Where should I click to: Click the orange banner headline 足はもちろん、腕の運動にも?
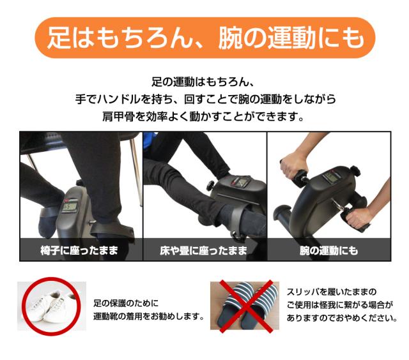(205, 38)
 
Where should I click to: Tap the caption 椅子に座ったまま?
(79, 250)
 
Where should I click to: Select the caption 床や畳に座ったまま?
(203, 250)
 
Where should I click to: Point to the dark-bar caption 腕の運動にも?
(328, 250)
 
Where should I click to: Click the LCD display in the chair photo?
(70, 207)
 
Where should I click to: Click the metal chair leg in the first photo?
(137, 171)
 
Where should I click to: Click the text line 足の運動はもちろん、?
(203, 82)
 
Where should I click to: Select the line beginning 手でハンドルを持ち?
(205, 99)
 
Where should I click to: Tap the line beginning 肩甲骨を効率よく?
(203, 116)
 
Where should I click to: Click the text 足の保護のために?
(126, 303)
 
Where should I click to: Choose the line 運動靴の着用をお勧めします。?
(149, 316)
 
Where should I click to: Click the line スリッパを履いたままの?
(332, 292)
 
